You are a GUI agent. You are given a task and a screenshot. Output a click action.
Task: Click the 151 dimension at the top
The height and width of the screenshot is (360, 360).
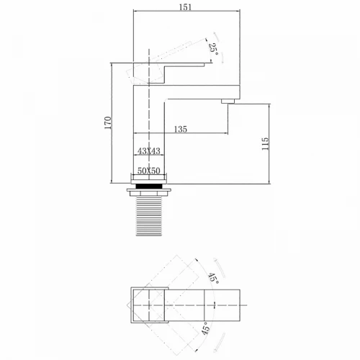click(186, 7)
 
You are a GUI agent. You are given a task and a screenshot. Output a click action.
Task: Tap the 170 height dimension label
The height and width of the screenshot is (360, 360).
click(108, 122)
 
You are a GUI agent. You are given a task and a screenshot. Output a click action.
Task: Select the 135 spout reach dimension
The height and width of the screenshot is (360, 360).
click(181, 129)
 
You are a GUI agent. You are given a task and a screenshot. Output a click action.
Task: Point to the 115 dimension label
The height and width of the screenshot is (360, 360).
click(265, 144)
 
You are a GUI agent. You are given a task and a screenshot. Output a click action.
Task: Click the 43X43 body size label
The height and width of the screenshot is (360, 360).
click(149, 151)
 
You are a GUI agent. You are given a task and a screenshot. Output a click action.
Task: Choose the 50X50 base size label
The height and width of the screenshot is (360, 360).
click(149, 171)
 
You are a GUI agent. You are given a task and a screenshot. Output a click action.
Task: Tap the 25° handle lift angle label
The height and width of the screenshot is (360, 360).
click(213, 49)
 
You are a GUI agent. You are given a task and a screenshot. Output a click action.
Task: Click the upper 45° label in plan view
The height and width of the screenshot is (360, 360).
click(213, 278)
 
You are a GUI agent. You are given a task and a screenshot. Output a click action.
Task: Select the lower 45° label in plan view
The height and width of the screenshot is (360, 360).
click(206, 328)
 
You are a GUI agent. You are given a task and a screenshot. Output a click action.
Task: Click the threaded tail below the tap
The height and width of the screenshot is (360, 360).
click(149, 216)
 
